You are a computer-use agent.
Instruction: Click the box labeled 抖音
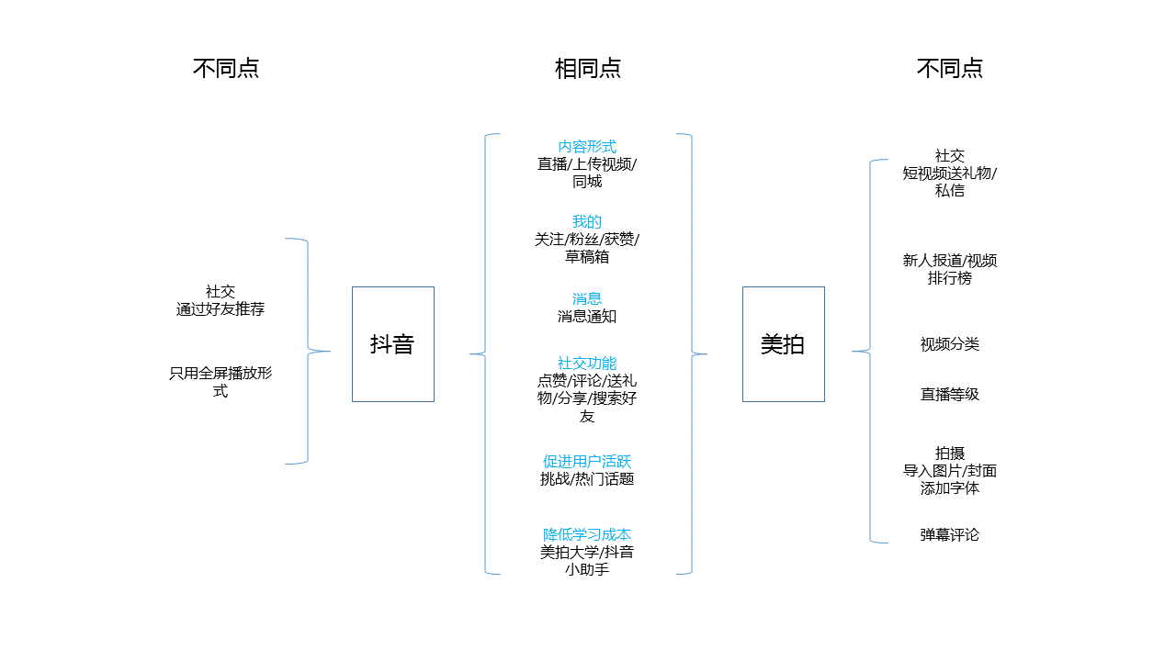pyautogui.click(x=392, y=344)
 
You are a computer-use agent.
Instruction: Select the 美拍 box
pyautogui.click(x=783, y=344)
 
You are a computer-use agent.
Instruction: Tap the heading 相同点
pyautogui.click(x=587, y=69)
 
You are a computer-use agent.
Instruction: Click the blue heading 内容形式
pyautogui.click(x=587, y=147)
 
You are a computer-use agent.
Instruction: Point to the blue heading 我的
pyautogui.click(x=587, y=222)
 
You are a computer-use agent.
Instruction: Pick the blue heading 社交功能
pyautogui.click(x=587, y=364)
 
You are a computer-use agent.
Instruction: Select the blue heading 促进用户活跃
pyautogui.click(x=587, y=462)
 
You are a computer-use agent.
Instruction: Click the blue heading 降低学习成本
pyautogui.click(x=587, y=534)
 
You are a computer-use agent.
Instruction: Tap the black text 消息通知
pyautogui.click(x=587, y=317)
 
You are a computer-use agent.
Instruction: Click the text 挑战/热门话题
pyautogui.click(x=587, y=479)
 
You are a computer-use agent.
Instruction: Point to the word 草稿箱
pyautogui.click(x=587, y=257)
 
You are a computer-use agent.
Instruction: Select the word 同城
pyautogui.click(x=587, y=182)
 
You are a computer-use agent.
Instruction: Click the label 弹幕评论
pyautogui.click(x=950, y=534)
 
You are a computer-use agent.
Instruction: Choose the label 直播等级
pyautogui.click(x=950, y=395)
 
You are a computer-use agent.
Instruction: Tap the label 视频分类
pyautogui.click(x=950, y=344)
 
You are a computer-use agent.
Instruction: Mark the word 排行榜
pyautogui.click(x=950, y=278)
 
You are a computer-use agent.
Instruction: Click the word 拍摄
pyautogui.click(x=950, y=454)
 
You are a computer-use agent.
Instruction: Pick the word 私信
pyautogui.click(x=950, y=191)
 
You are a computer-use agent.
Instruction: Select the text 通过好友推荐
pyautogui.click(x=220, y=309)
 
